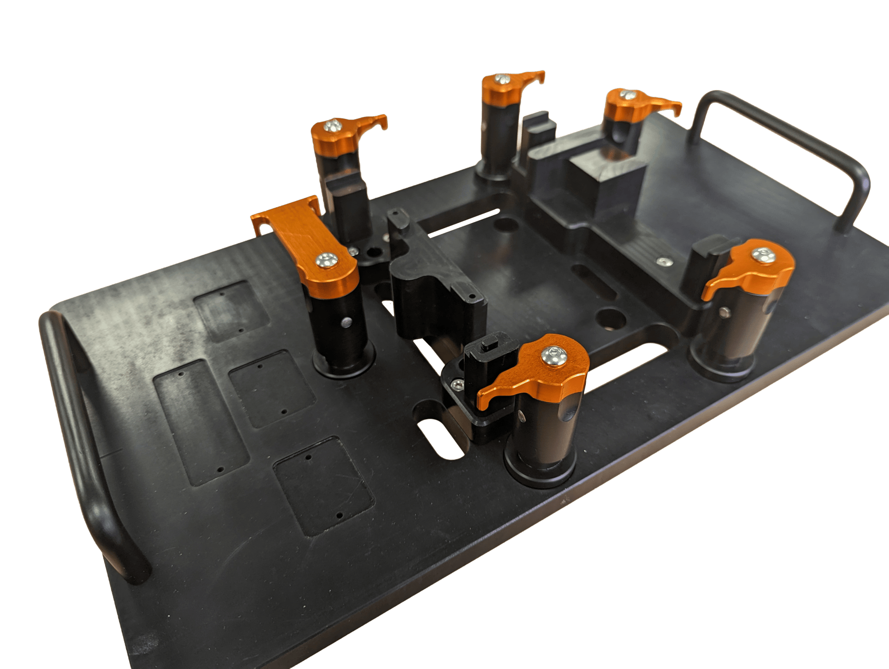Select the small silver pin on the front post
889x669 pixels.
522,416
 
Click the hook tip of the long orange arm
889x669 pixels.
259,227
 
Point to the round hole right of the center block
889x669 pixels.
610,318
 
